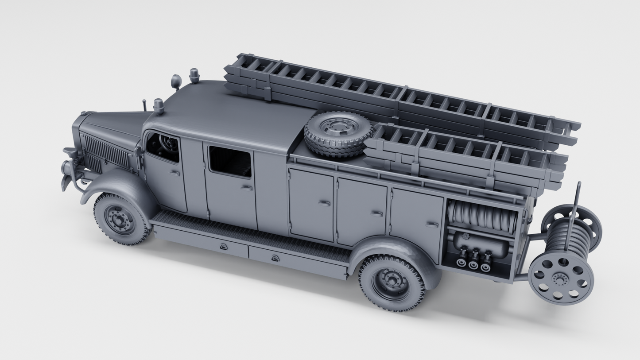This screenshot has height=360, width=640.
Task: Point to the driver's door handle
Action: [x=175, y=173]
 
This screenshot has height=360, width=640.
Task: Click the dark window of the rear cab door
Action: [x=230, y=162]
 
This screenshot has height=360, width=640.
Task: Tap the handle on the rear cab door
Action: [x=247, y=188]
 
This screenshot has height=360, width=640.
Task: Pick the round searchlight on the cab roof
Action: [x=176, y=81]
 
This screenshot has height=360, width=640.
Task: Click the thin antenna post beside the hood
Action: [x=144, y=105]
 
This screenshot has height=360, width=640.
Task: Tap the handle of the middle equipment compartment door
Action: [x=376, y=214]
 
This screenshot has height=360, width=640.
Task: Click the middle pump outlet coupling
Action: [x=473, y=264]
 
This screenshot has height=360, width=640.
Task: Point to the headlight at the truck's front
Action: [x=69, y=168]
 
